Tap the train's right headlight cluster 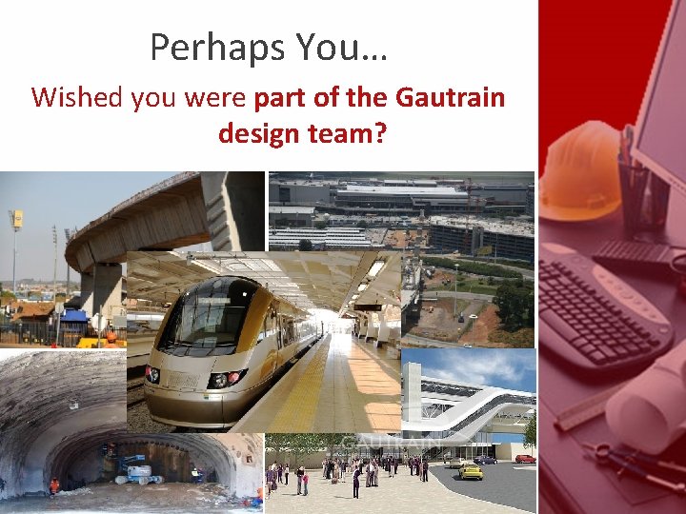[220, 380]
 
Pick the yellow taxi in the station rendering [470, 471]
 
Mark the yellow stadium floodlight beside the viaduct [15, 219]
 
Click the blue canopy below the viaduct [71, 317]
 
